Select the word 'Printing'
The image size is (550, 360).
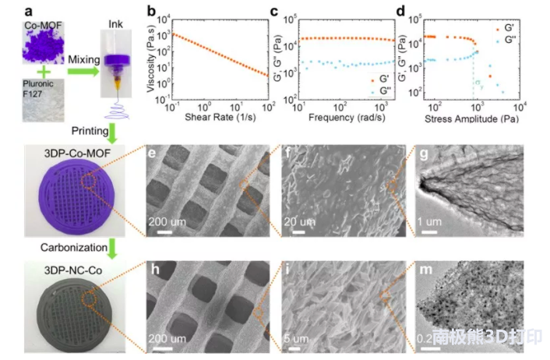[x=89, y=130]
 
